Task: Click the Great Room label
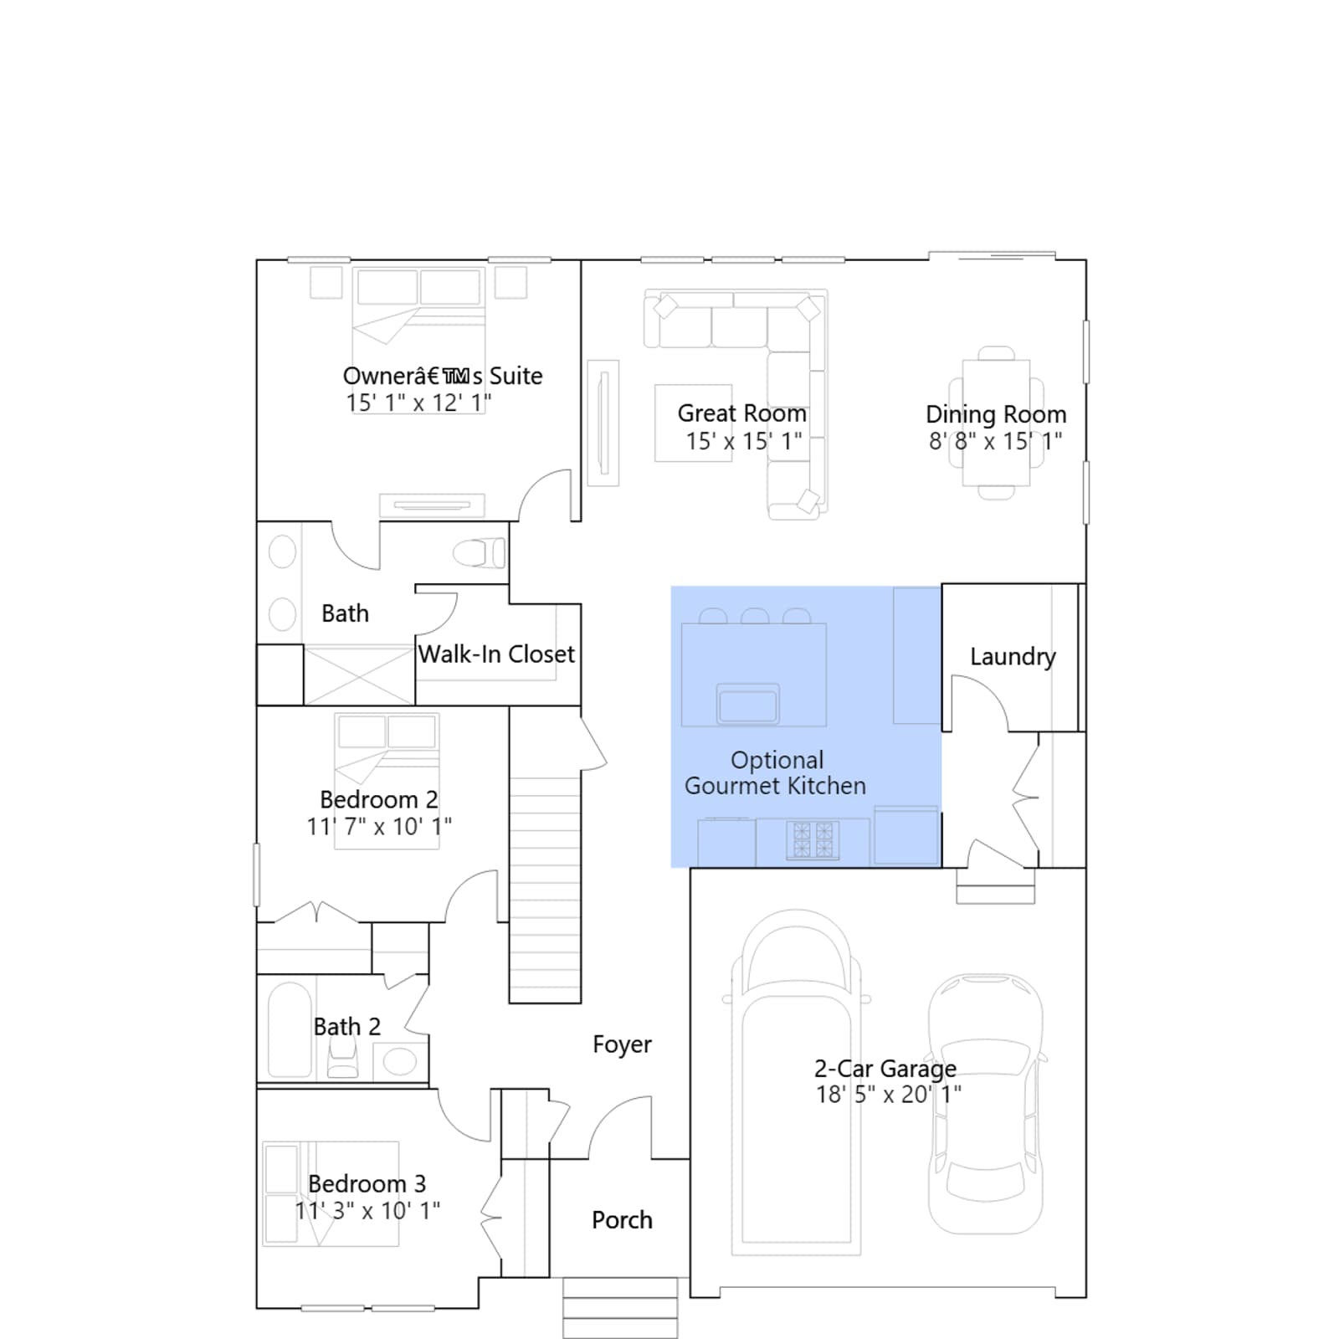coord(741,413)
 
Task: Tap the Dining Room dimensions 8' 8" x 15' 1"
coord(995,441)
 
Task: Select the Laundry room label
coord(1013,657)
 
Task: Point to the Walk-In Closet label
coord(496,654)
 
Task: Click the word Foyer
coord(622,1045)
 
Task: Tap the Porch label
coord(622,1220)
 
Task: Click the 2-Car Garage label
coord(885,1069)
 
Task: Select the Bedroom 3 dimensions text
coord(367,1211)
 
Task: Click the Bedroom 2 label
coord(378,800)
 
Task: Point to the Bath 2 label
coord(346,1027)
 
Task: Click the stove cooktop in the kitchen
coord(813,840)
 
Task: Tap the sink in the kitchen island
coord(748,703)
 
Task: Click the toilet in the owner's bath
coord(480,553)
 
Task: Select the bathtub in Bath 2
coord(290,1029)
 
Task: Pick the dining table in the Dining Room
coord(996,423)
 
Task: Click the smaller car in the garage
coord(986,1104)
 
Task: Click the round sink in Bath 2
coord(400,1062)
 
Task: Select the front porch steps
coord(620,1307)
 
